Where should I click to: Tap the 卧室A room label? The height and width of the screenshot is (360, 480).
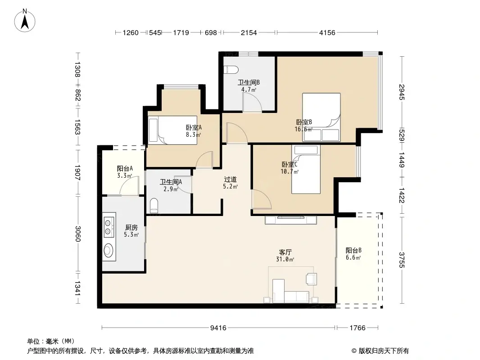point(194,130)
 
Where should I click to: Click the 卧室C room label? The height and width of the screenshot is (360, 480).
point(290,167)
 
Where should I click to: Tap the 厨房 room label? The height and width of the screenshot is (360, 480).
point(131,231)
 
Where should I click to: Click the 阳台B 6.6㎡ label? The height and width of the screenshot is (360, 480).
point(353,254)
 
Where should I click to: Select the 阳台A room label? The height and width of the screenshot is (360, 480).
point(125,172)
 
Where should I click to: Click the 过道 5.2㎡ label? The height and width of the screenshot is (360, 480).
point(231,182)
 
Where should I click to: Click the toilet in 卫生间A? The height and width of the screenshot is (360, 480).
point(154,206)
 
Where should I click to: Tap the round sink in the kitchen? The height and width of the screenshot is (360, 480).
point(109,250)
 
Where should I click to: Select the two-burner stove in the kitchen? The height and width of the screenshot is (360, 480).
point(108,227)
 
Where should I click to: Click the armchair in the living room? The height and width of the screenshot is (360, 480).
point(311,279)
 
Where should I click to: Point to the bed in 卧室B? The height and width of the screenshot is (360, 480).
point(321,117)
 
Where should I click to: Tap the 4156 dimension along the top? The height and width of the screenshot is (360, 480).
point(327,32)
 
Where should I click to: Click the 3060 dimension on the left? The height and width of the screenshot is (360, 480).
point(77,233)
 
